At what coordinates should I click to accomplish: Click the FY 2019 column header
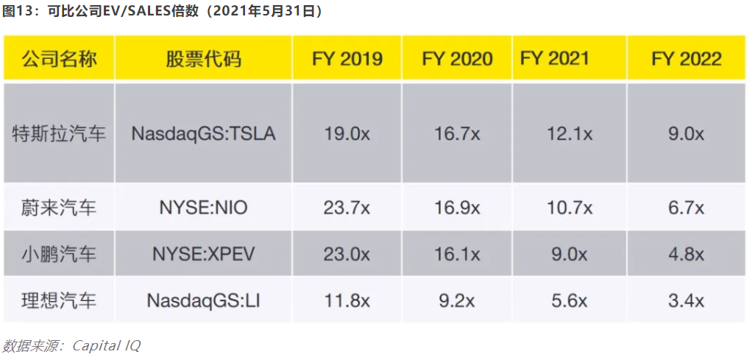click(x=347, y=58)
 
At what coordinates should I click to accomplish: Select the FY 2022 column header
click(x=687, y=58)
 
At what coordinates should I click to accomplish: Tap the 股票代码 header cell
click(x=203, y=58)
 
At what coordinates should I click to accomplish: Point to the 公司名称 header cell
click(x=59, y=58)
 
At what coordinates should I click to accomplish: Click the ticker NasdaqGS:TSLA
click(x=203, y=134)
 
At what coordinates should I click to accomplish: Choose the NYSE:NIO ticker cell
click(x=203, y=208)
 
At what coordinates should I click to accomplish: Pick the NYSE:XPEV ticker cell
click(x=203, y=254)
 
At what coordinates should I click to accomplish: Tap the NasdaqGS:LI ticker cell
click(x=203, y=300)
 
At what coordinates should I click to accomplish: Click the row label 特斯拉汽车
click(x=59, y=134)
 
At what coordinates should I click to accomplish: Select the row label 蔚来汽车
click(x=59, y=208)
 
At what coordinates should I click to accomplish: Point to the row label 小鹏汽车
click(x=59, y=254)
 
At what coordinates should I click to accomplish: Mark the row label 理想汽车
click(x=59, y=300)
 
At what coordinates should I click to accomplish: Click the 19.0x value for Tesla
click(x=347, y=134)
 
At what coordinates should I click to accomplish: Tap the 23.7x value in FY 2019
click(x=347, y=208)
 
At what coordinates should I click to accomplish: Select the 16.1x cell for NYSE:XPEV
click(x=455, y=254)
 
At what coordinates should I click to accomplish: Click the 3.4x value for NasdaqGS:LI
click(x=687, y=300)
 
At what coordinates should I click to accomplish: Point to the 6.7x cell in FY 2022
click(x=687, y=208)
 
